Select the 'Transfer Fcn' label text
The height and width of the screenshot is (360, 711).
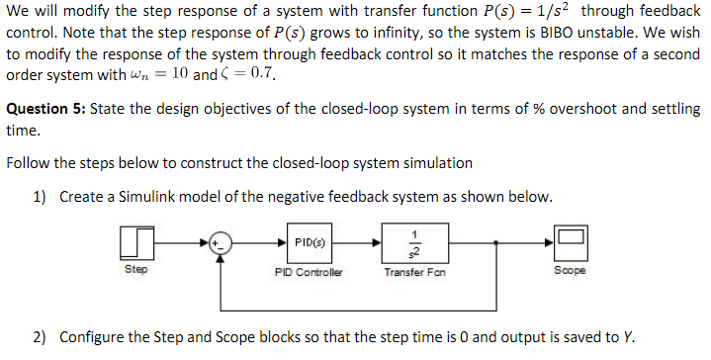tap(412, 269)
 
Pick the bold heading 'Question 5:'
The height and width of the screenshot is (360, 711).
tap(45, 109)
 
